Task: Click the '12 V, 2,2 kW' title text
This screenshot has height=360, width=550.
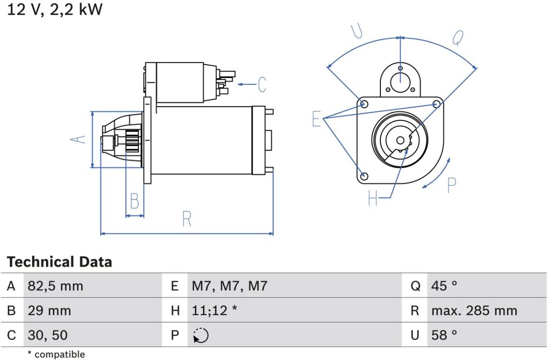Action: click(x=55, y=9)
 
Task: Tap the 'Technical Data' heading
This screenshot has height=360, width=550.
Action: click(x=59, y=262)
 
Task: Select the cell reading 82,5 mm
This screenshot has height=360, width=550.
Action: click(x=55, y=286)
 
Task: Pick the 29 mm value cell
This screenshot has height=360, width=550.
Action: click(x=49, y=311)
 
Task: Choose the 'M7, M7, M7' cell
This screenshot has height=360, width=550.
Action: click(x=229, y=286)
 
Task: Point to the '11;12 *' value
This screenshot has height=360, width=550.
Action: click(x=214, y=311)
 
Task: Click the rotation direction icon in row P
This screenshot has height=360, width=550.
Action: click(x=201, y=335)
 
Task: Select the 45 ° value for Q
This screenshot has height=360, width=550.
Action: click(x=444, y=286)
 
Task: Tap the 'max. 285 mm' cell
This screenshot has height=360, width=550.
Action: click(x=474, y=311)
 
